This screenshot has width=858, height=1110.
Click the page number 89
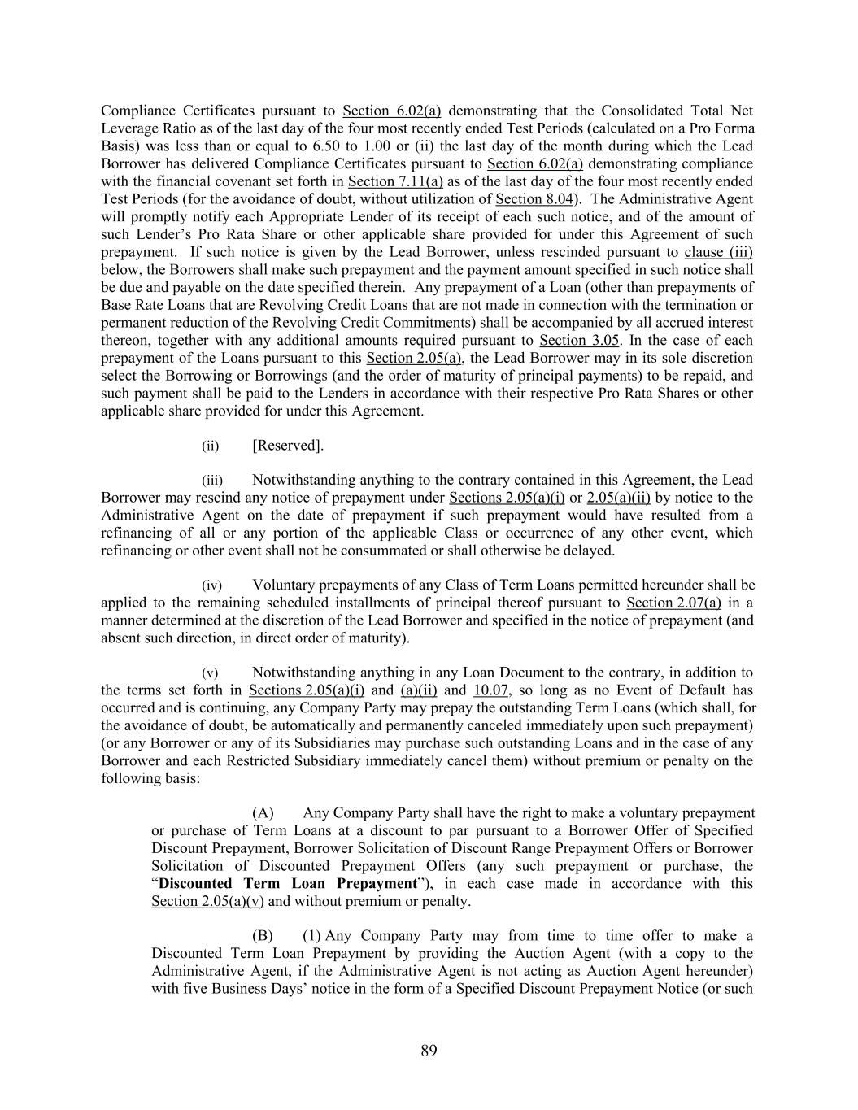(x=429, y=1051)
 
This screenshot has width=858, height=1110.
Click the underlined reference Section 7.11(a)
(x=395, y=181)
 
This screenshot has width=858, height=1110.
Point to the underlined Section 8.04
(x=530, y=199)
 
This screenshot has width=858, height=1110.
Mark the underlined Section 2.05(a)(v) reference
(x=207, y=901)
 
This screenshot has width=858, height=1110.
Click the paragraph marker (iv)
(x=211, y=585)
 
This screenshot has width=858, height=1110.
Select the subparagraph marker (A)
(x=263, y=813)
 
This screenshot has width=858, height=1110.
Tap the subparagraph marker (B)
(x=263, y=936)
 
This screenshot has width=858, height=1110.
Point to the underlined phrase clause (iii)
(x=718, y=252)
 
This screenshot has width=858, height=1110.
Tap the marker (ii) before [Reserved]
(x=211, y=446)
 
